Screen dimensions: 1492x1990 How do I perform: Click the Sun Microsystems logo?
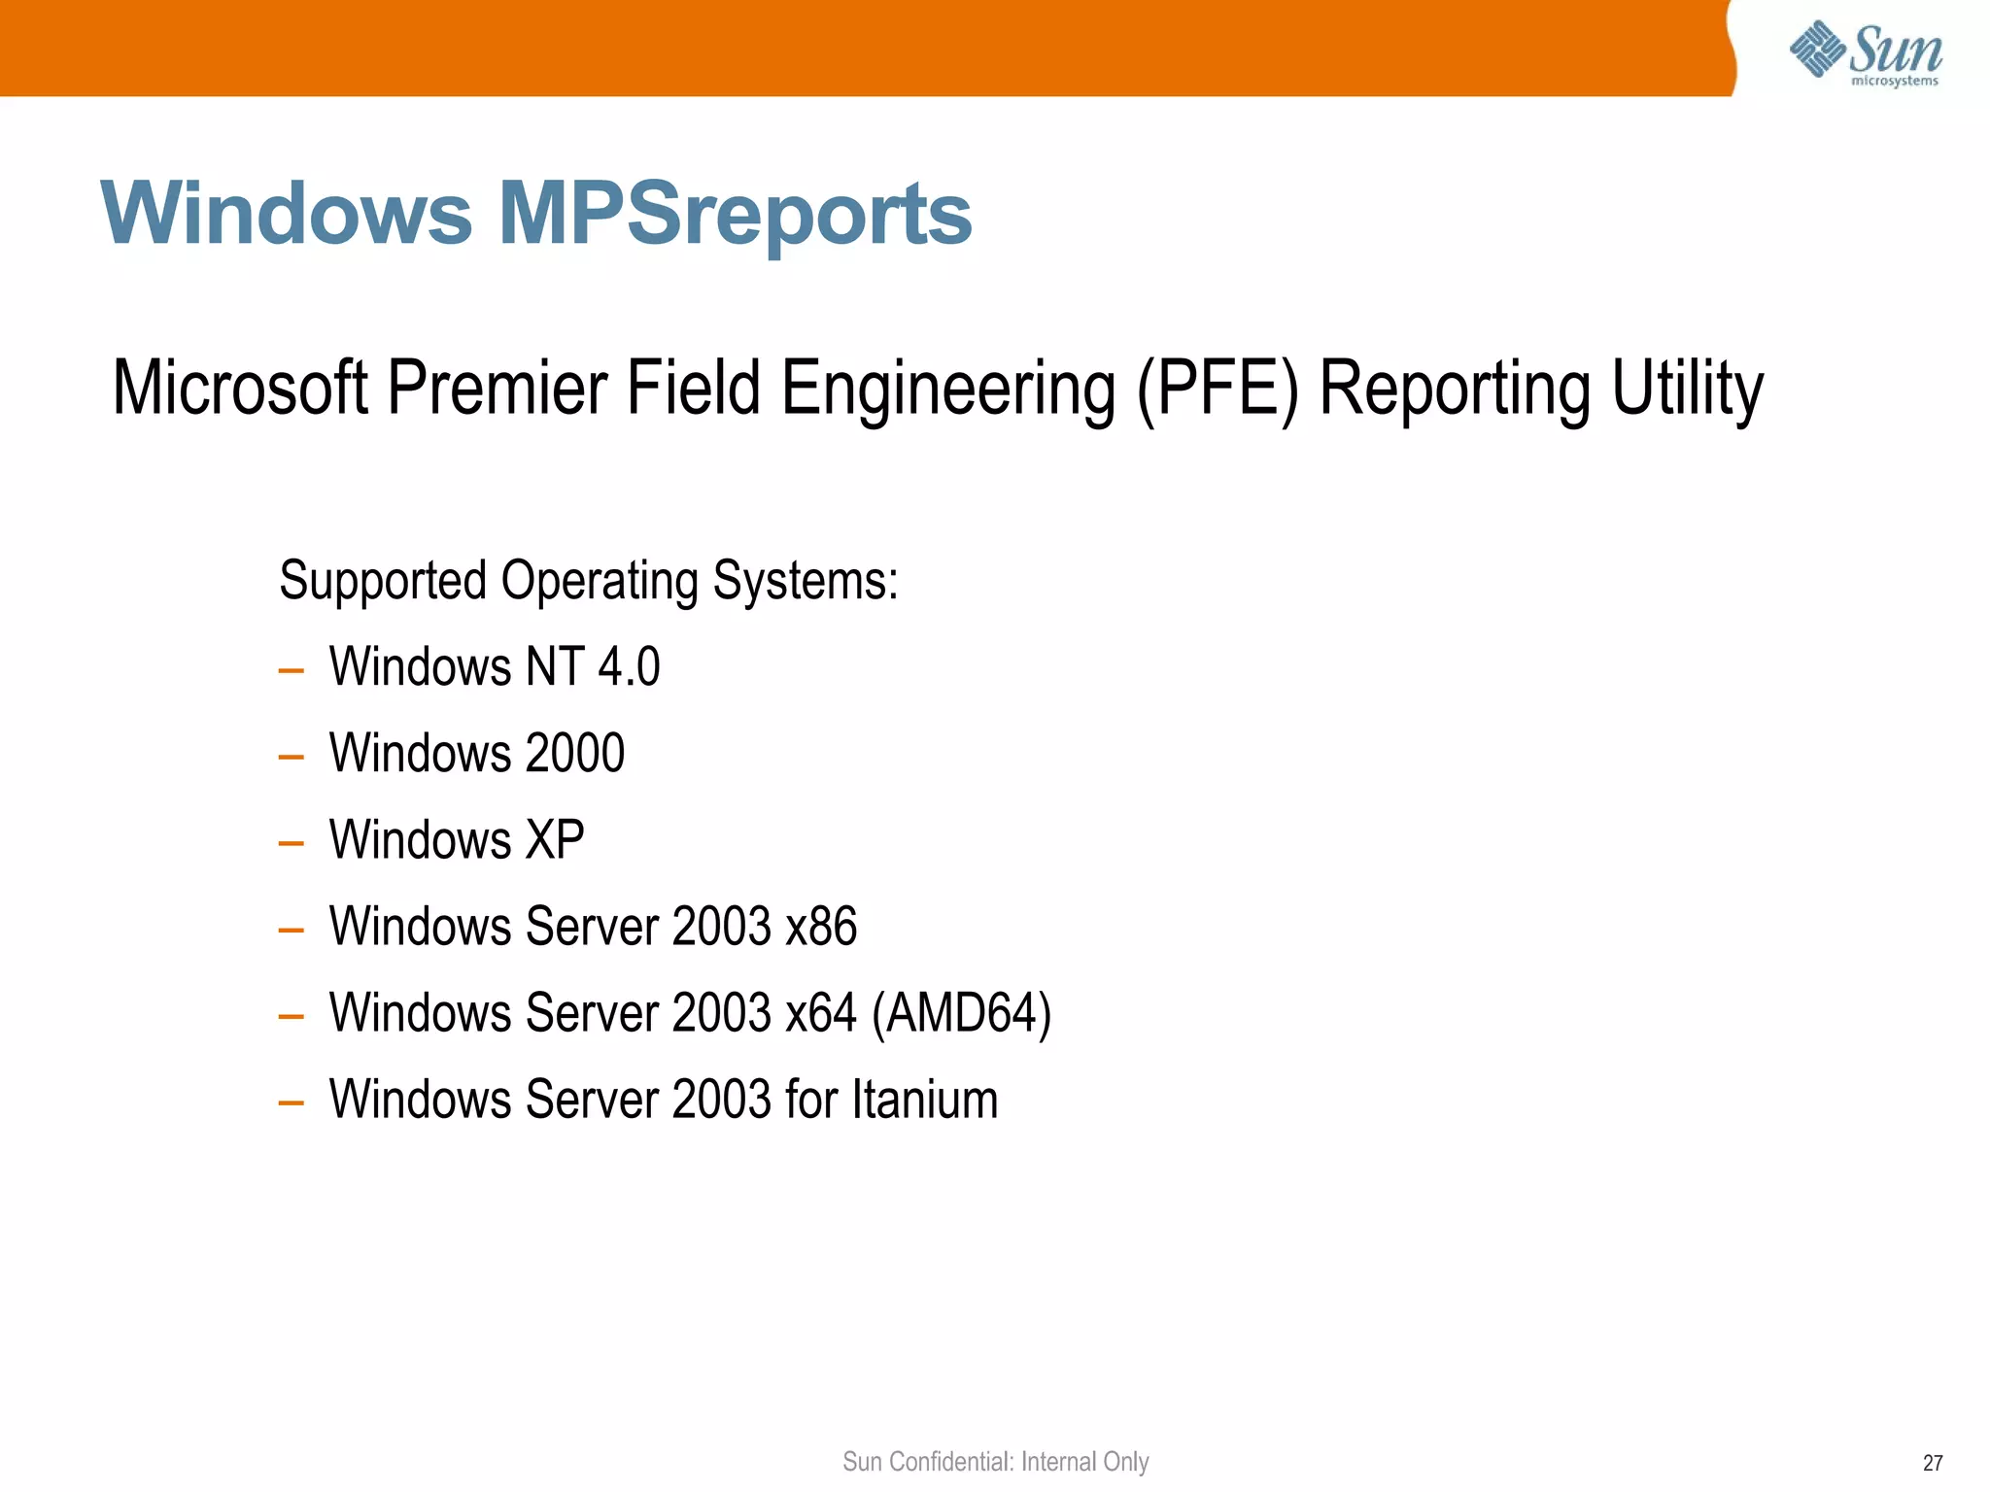coord(1865,52)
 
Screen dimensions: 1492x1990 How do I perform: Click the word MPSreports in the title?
coord(735,214)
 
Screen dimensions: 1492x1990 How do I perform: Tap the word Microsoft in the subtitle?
coord(240,389)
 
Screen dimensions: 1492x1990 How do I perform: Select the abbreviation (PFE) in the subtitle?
coord(1218,389)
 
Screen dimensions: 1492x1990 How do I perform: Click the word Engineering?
coord(948,389)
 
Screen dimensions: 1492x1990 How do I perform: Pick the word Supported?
coord(383,581)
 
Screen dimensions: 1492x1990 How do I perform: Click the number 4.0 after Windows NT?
coord(629,667)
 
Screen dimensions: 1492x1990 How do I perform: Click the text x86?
coord(821,927)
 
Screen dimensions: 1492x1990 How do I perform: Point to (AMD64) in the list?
coord(962,1013)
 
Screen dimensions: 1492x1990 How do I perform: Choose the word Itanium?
coord(925,1100)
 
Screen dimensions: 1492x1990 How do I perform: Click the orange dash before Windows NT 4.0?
coord(291,670)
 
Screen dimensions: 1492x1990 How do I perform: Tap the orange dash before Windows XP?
coord(291,843)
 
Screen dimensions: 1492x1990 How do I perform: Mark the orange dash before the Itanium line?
coord(291,1102)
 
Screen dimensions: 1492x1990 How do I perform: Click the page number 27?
coord(1933,1463)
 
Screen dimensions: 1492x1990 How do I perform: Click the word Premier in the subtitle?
coord(497,389)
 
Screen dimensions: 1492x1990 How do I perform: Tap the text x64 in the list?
coord(821,1013)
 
